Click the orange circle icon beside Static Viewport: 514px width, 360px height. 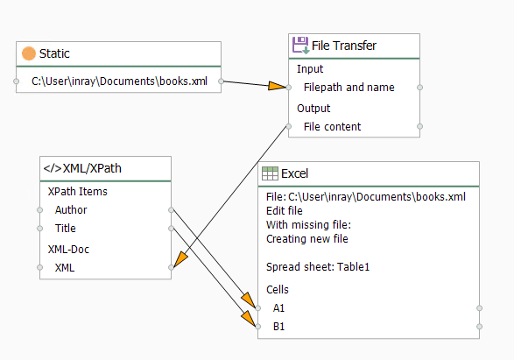[29, 53]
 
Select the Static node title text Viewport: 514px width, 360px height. [54, 53]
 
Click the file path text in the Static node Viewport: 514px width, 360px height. [119, 81]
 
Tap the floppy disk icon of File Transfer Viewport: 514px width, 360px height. [300, 46]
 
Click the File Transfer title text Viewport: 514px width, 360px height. [344, 46]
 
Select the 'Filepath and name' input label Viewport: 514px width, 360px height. [349, 88]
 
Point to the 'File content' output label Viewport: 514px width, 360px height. [332, 126]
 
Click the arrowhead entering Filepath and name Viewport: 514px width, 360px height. [278, 86]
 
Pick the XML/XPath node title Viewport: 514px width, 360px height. [82, 168]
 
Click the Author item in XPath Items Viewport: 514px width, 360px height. [71, 210]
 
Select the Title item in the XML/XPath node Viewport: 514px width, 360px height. [65, 229]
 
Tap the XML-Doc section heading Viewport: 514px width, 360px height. [68, 249]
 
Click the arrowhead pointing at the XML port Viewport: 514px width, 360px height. [180, 259]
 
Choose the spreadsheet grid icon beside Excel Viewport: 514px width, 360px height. [270, 173]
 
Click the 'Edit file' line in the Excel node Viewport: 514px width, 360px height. [285, 211]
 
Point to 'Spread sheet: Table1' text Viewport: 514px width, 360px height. [318, 267]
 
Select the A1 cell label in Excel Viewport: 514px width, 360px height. [278, 308]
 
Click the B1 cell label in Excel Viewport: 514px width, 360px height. [278, 327]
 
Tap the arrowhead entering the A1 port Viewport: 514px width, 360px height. [249, 300]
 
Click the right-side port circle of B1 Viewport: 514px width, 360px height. [479, 327]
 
